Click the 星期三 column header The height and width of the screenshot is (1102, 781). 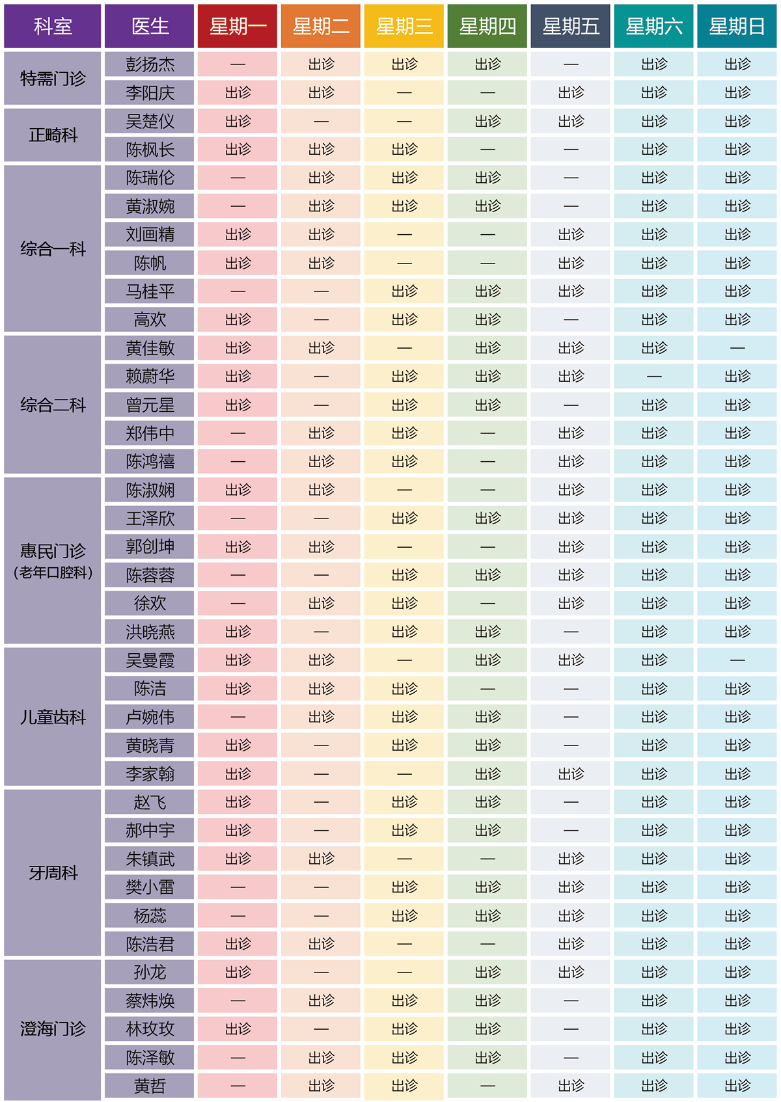(404, 26)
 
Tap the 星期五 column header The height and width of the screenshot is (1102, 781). (571, 26)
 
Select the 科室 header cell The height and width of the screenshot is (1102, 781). (53, 26)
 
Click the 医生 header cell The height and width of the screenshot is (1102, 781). (150, 26)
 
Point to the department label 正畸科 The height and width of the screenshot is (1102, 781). (53, 135)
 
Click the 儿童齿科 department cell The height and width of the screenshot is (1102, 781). (53, 717)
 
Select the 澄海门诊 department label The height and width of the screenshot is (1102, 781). (53, 1028)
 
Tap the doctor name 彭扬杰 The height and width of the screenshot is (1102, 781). (150, 64)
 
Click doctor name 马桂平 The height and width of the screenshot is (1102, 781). (150, 291)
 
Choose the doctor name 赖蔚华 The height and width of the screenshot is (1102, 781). (150, 376)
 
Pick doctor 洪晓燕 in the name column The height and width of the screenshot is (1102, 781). (150, 632)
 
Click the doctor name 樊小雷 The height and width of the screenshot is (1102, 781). (150, 887)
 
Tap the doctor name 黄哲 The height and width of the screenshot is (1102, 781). (150, 1086)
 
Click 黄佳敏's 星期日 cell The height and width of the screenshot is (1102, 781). (737, 348)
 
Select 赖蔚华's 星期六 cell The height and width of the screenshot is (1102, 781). (654, 376)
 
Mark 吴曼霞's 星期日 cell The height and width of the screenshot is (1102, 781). (737, 660)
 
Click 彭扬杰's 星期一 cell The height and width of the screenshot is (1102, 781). (238, 64)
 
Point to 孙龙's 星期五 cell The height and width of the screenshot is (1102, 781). (571, 972)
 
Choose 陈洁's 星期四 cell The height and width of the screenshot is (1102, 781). (487, 688)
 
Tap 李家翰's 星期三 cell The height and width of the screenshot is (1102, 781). (404, 773)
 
